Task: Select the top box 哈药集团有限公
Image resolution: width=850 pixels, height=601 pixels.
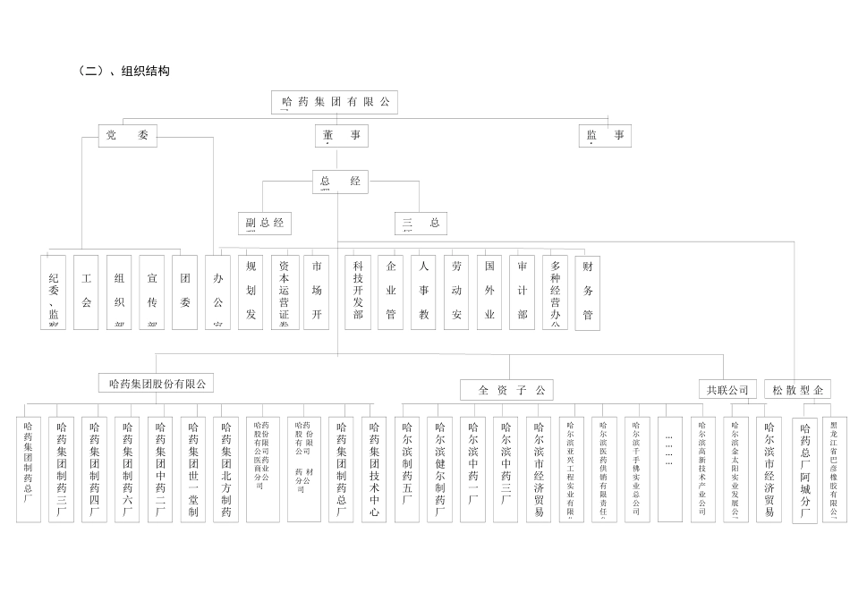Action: click(x=335, y=102)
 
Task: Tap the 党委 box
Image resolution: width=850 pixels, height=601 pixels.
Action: click(x=127, y=136)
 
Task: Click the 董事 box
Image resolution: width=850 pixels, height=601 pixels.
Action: click(x=341, y=136)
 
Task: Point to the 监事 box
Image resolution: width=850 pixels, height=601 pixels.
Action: click(x=606, y=136)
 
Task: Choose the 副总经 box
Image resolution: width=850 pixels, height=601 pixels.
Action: click(x=265, y=223)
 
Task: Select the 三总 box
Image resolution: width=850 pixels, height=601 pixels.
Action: click(x=421, y=223)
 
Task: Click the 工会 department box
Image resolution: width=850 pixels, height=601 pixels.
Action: click(x=86, y=292)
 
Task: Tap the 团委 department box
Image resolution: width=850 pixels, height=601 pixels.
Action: click(x=184, y=292)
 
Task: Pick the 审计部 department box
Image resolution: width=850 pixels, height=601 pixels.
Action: click(x=522, y=292)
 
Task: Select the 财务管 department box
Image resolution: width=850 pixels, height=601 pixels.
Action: click(x=588, y=292)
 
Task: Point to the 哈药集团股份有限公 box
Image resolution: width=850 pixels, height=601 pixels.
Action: click(x=157, y=384)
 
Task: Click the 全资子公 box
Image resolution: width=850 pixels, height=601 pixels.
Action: click(x=507, y=390)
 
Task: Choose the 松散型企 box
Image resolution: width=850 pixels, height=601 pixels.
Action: click(x=796, y=390)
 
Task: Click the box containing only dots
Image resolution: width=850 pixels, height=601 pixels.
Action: click(x=669, y=469)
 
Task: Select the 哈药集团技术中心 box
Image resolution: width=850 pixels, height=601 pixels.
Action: click(x=374, y=469)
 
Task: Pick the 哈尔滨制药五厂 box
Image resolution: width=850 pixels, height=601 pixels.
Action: click(x=407, y=469)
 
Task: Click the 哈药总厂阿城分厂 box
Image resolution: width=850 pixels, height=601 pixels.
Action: click(x=805, y=469)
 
